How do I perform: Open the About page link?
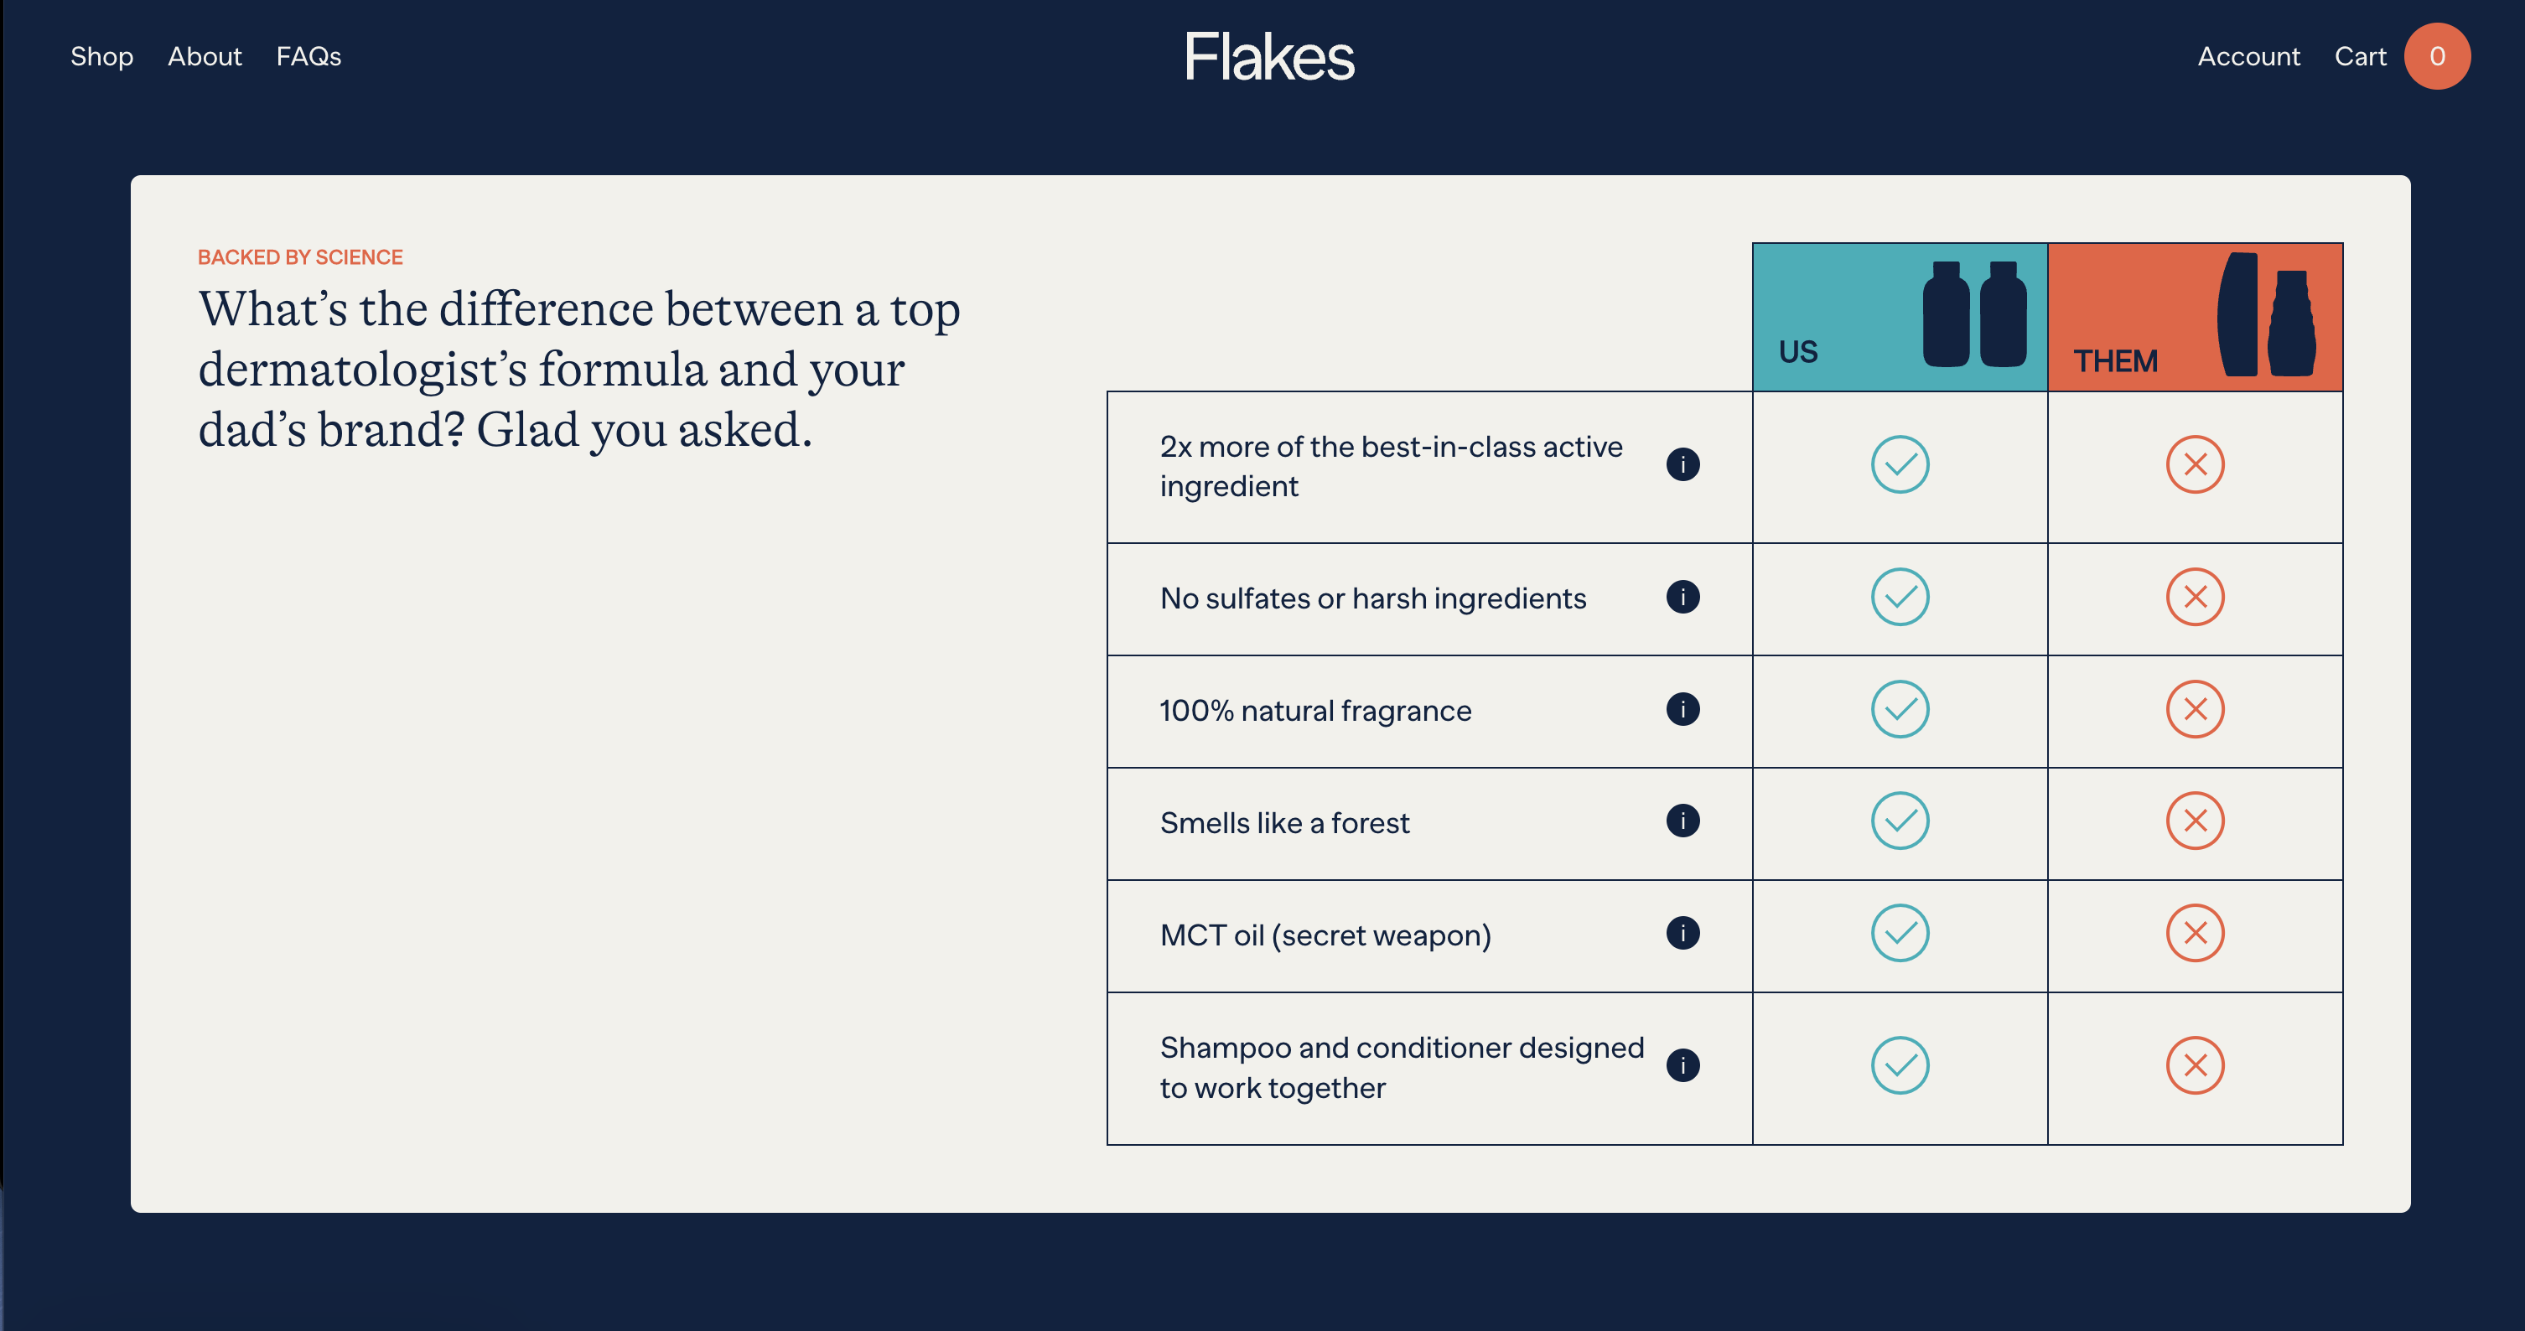(204, 57)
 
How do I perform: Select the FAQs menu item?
(308, 57)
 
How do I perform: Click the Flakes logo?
(1269, 57)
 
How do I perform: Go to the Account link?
(2248, 57)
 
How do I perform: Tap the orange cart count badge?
(2436, 57)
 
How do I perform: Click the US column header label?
(1797, 352)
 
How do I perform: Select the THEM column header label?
(2115, 361)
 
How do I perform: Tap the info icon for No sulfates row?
(1682, 597)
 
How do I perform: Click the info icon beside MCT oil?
(1682, 933)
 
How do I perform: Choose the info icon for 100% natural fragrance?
(1682, 708)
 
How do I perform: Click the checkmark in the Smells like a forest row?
(1900, 821)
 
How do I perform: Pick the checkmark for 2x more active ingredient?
(1900, 464)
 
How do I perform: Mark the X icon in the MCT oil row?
(2195, 933)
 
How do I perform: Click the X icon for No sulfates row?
(2195, 597)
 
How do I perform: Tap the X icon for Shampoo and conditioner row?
(2195, 1065)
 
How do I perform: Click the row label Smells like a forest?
(1284, 823)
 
